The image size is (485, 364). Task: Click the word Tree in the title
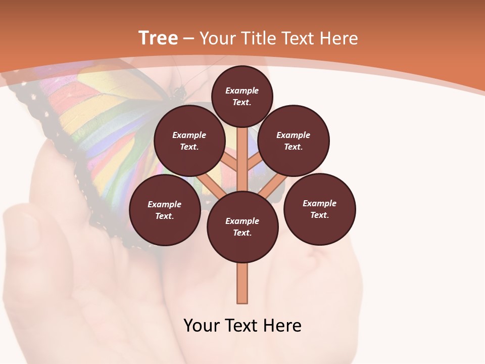click(158, 38)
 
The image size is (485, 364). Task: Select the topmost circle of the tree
click(242, 96)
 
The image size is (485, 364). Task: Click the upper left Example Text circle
click(189, 141)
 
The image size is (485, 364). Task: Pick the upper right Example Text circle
click(294, 141)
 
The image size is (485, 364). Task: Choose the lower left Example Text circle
click(165, 210)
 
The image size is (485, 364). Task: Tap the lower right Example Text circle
click(319, 209)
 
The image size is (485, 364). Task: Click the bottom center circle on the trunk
click(243, 227)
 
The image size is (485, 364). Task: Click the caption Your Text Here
click(243, 326)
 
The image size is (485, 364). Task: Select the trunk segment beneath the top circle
click(243, 152)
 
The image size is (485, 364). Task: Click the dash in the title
click(188, 39)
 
